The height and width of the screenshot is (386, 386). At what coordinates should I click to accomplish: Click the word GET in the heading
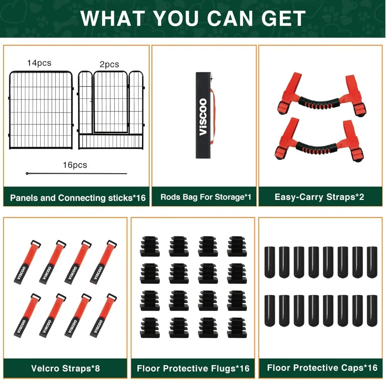coord(283,19)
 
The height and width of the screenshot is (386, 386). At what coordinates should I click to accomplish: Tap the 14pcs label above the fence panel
coord(39,63)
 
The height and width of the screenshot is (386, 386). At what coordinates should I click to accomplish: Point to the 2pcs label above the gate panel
coord(109,64)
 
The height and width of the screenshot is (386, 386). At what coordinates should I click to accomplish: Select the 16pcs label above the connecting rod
coord(75,165)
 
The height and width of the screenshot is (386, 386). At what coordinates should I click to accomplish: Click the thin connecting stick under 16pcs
coord(76,174)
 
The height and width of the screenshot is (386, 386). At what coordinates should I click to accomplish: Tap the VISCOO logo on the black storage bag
coord(203,117)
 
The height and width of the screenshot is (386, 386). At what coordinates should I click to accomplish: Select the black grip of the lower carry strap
coord(317,148)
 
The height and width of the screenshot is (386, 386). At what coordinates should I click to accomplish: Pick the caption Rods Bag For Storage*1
coord(206,197)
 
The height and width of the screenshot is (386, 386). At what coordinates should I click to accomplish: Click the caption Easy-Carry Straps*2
coord(319,197)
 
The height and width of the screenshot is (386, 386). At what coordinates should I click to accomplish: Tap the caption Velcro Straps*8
coord(66,368)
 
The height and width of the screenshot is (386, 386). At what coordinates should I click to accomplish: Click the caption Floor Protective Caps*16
coord(322,368)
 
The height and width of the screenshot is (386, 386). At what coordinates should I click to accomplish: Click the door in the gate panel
coord(110,102)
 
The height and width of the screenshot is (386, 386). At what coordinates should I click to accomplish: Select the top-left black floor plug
coord(150,246)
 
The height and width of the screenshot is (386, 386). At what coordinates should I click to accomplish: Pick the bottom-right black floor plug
coord(237,328)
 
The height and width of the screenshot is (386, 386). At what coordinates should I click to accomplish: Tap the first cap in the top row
coord(269,262)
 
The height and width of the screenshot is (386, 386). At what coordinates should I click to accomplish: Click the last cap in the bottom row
coord(372,311)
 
